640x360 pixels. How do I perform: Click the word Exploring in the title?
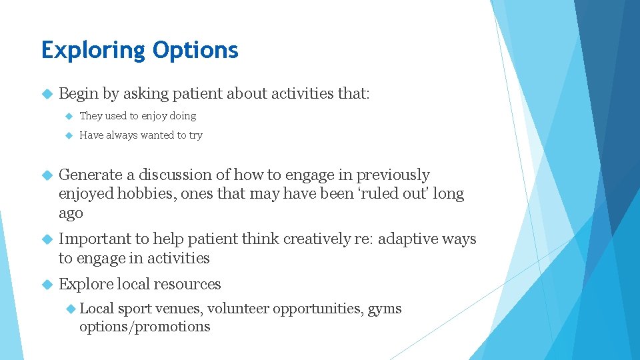point(93,51)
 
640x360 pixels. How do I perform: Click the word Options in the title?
point(195,51)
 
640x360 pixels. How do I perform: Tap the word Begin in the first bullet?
point(79,93)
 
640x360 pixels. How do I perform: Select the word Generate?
point(91,175)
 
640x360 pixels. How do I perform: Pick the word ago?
point(71,214)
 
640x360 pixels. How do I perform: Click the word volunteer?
point(239,309)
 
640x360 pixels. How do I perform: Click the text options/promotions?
point(145,327)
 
